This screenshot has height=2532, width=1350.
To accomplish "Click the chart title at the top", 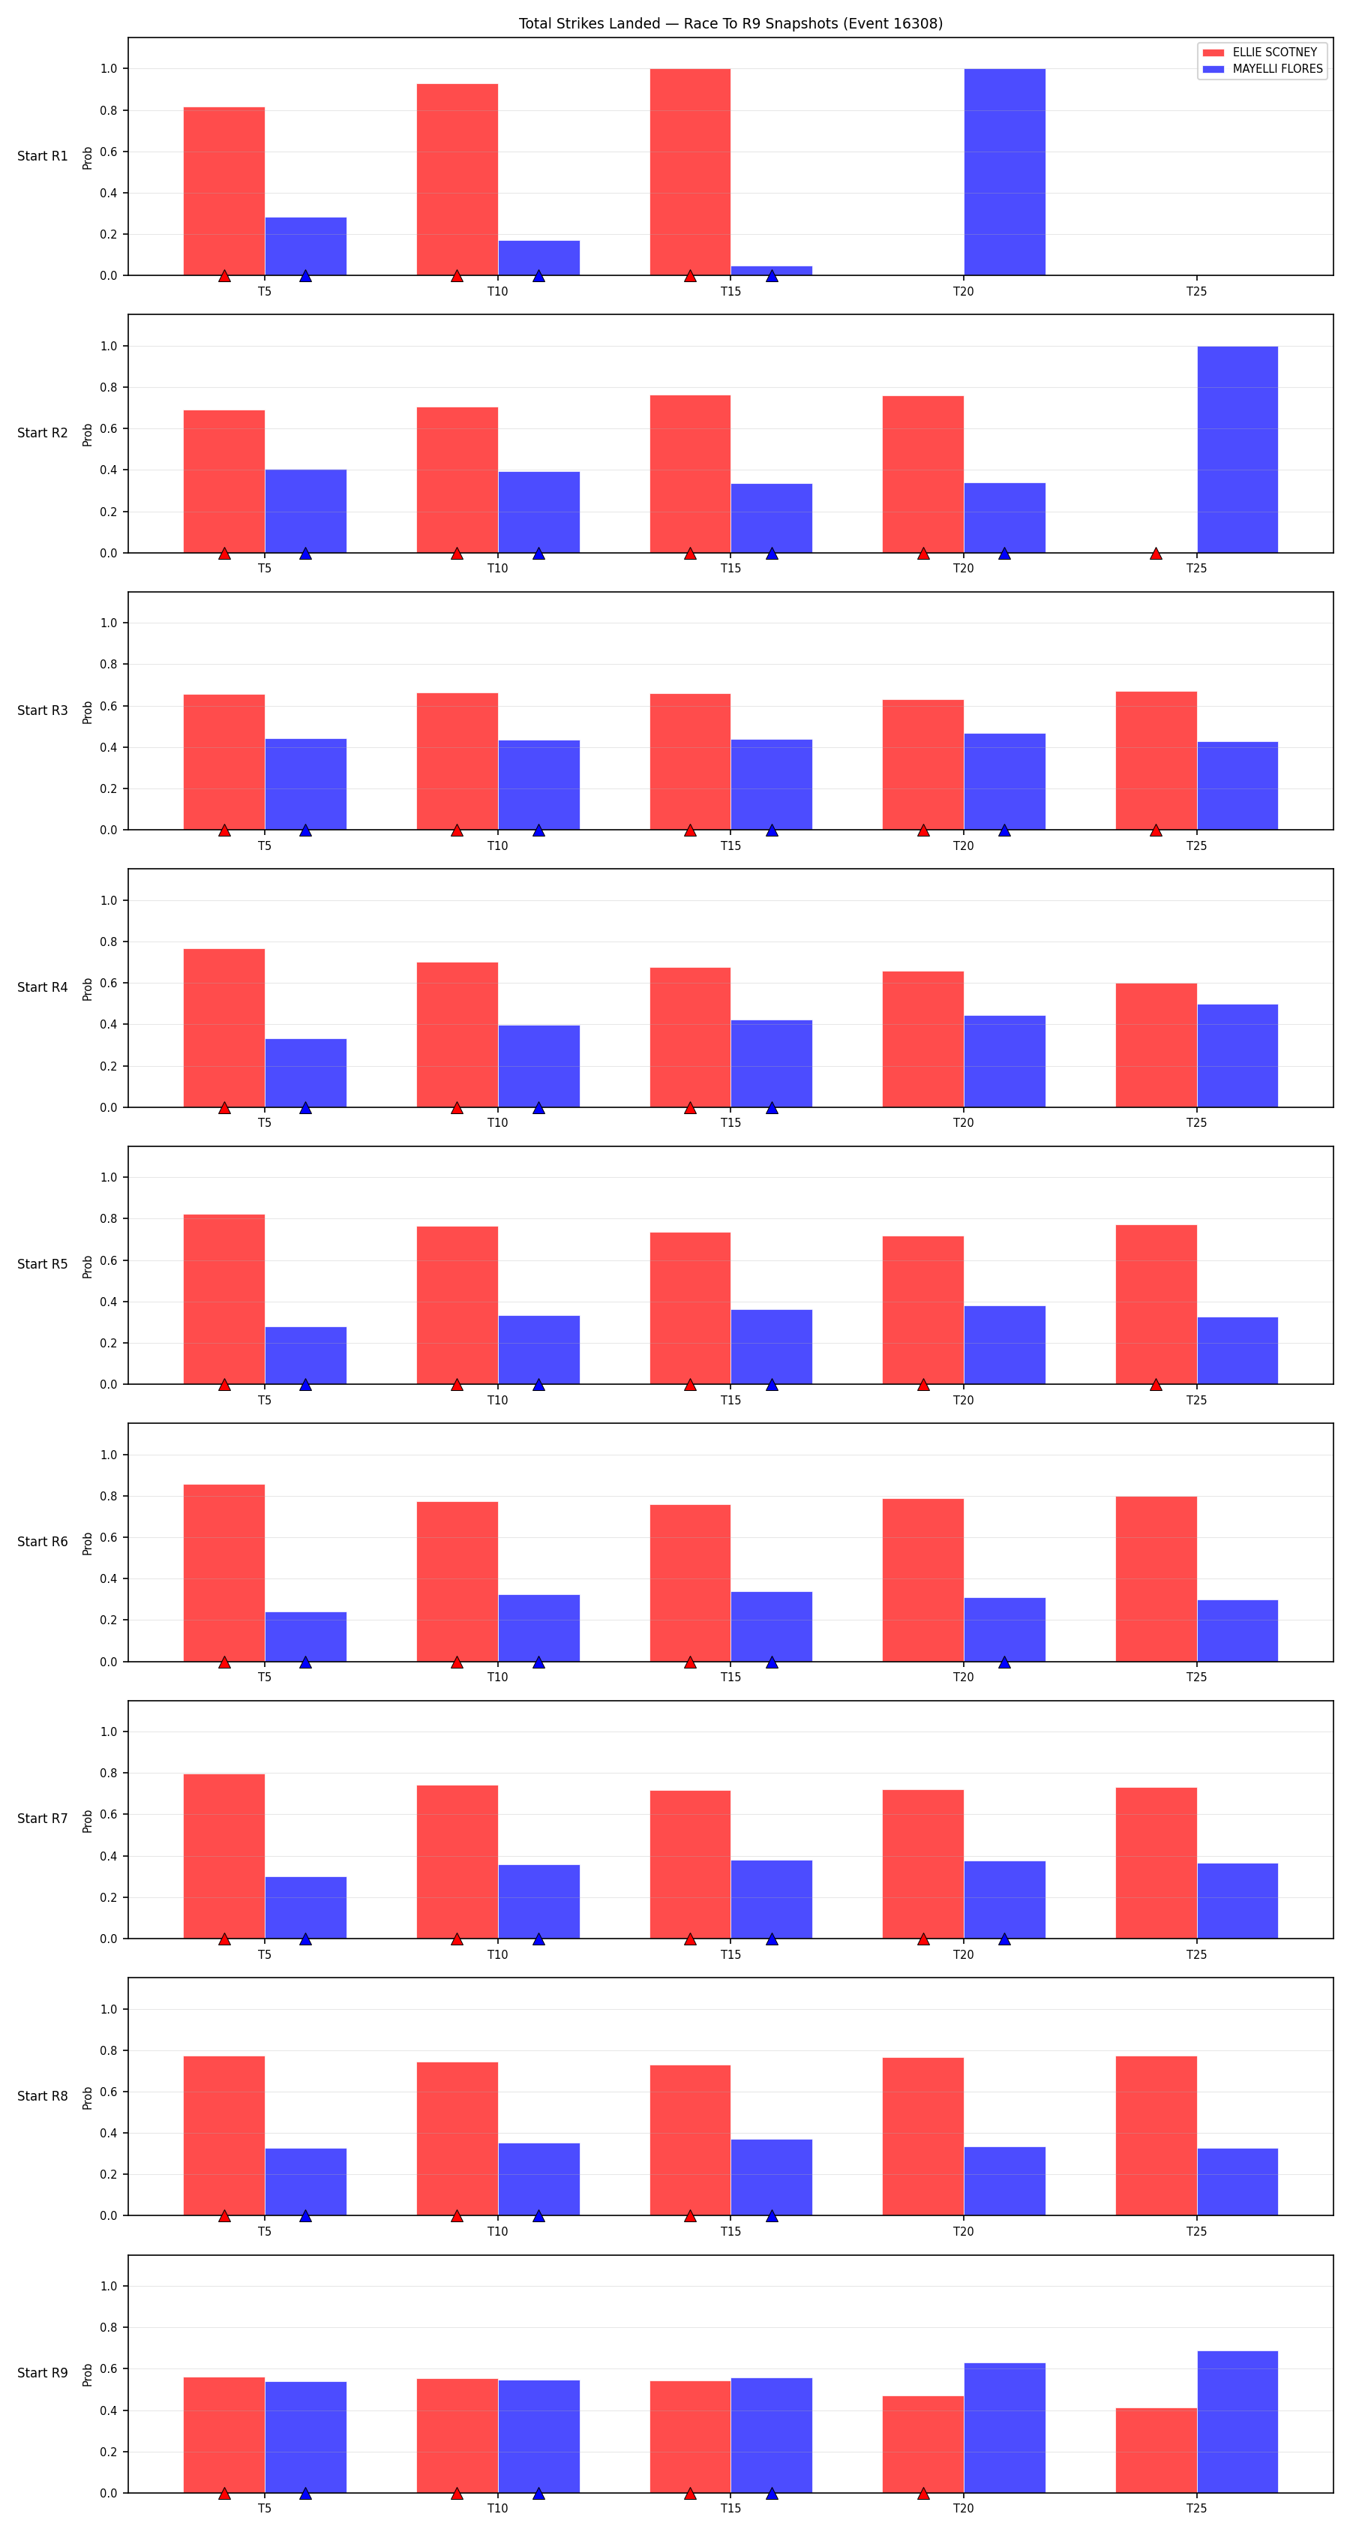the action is [x=730, y=23].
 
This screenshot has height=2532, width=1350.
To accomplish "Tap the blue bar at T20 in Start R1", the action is [x=1004, y=172].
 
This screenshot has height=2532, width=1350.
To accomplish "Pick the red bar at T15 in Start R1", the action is [x=690, y=172].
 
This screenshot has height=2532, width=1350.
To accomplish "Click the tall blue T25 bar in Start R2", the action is [x=1237, y=449].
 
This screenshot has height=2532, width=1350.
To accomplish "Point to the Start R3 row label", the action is [x=42, y=710].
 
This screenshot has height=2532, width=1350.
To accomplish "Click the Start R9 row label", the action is [x=42, y=2373].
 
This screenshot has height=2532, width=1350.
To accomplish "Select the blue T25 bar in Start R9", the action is [x=1237, y=2422].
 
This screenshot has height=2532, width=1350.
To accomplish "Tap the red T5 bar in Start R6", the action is [x=224, y=1572].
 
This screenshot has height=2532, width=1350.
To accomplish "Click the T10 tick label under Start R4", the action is [x=498, y=1122].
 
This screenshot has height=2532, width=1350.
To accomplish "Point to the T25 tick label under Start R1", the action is [x=1195, y=291].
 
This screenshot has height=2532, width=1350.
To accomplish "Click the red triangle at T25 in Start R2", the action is [x=1156, y=554].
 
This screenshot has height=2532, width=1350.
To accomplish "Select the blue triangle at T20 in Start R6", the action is [x=1004, y=1662].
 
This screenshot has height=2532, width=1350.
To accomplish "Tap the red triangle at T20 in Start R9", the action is [x=922, y=2494].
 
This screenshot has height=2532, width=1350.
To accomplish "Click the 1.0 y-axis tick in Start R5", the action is [x=108, y=1178].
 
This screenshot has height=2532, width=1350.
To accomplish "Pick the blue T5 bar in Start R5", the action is [x=305, y=1356].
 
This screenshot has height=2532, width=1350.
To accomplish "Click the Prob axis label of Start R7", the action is [x=88, y=1820].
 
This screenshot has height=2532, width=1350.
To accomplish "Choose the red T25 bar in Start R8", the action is [x=1156, y=2136].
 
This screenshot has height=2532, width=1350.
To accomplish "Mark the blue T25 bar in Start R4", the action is [x=1237, y=1056].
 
